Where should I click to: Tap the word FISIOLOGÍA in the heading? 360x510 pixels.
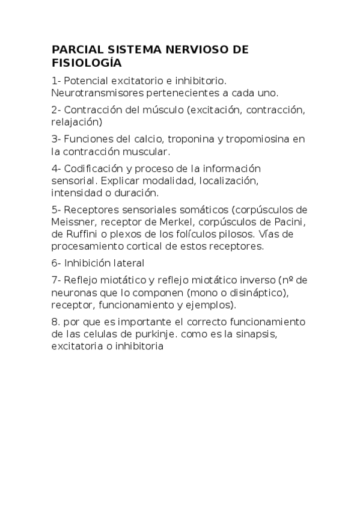click(86, 63)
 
